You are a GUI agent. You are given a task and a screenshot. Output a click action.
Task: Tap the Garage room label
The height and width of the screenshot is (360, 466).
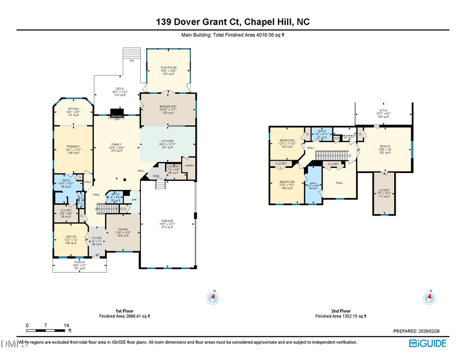[x=167, y=221]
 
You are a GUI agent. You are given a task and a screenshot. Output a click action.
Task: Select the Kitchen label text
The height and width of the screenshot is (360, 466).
[x=167, y=141]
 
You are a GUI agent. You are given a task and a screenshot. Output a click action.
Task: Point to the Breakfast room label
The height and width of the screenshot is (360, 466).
[x=168, y=106]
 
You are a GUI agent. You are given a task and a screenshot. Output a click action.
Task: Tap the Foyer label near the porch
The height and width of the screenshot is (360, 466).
[x=96, y=238]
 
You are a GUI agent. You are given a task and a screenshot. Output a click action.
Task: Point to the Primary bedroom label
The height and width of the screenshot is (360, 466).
[x=72, y=147]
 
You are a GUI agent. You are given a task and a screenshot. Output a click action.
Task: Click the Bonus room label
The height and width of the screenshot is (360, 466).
[x=385, y=147]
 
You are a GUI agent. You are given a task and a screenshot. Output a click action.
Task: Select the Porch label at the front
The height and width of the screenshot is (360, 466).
[x=79, y=262]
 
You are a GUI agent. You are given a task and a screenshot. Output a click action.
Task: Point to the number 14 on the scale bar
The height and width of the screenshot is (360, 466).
[x=66, y=325]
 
